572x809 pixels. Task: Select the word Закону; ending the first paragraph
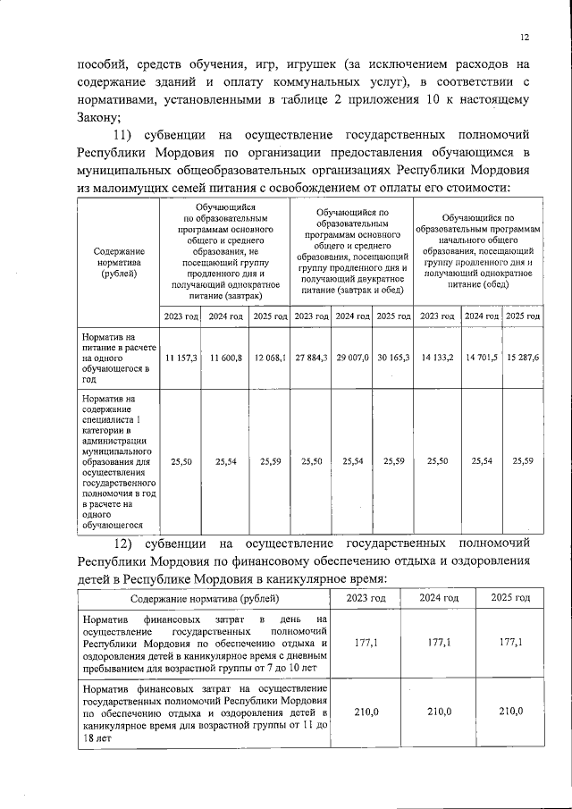(97, 117)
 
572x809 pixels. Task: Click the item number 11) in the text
(136, 135)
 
